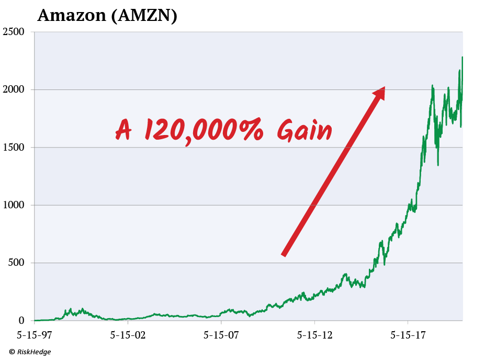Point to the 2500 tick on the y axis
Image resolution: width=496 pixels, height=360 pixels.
(14, 32)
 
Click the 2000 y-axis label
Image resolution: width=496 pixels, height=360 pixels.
(14, 89)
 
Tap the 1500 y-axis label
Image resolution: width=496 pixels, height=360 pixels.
(14, 148)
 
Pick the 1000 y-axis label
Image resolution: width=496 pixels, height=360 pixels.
(14, 205)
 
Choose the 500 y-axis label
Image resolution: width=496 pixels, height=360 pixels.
(17, 263)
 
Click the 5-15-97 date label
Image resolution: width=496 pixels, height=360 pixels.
(35, 333)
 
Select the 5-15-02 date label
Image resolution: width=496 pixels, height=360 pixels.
(128, 333)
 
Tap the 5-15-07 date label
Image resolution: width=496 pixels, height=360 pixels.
(221, 333)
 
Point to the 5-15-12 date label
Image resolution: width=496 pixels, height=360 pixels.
(314, 333)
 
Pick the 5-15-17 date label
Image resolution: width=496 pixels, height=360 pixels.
(408, 333)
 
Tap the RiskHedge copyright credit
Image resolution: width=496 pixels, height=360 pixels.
(30, 352)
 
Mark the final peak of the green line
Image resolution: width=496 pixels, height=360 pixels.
(462, 57)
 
